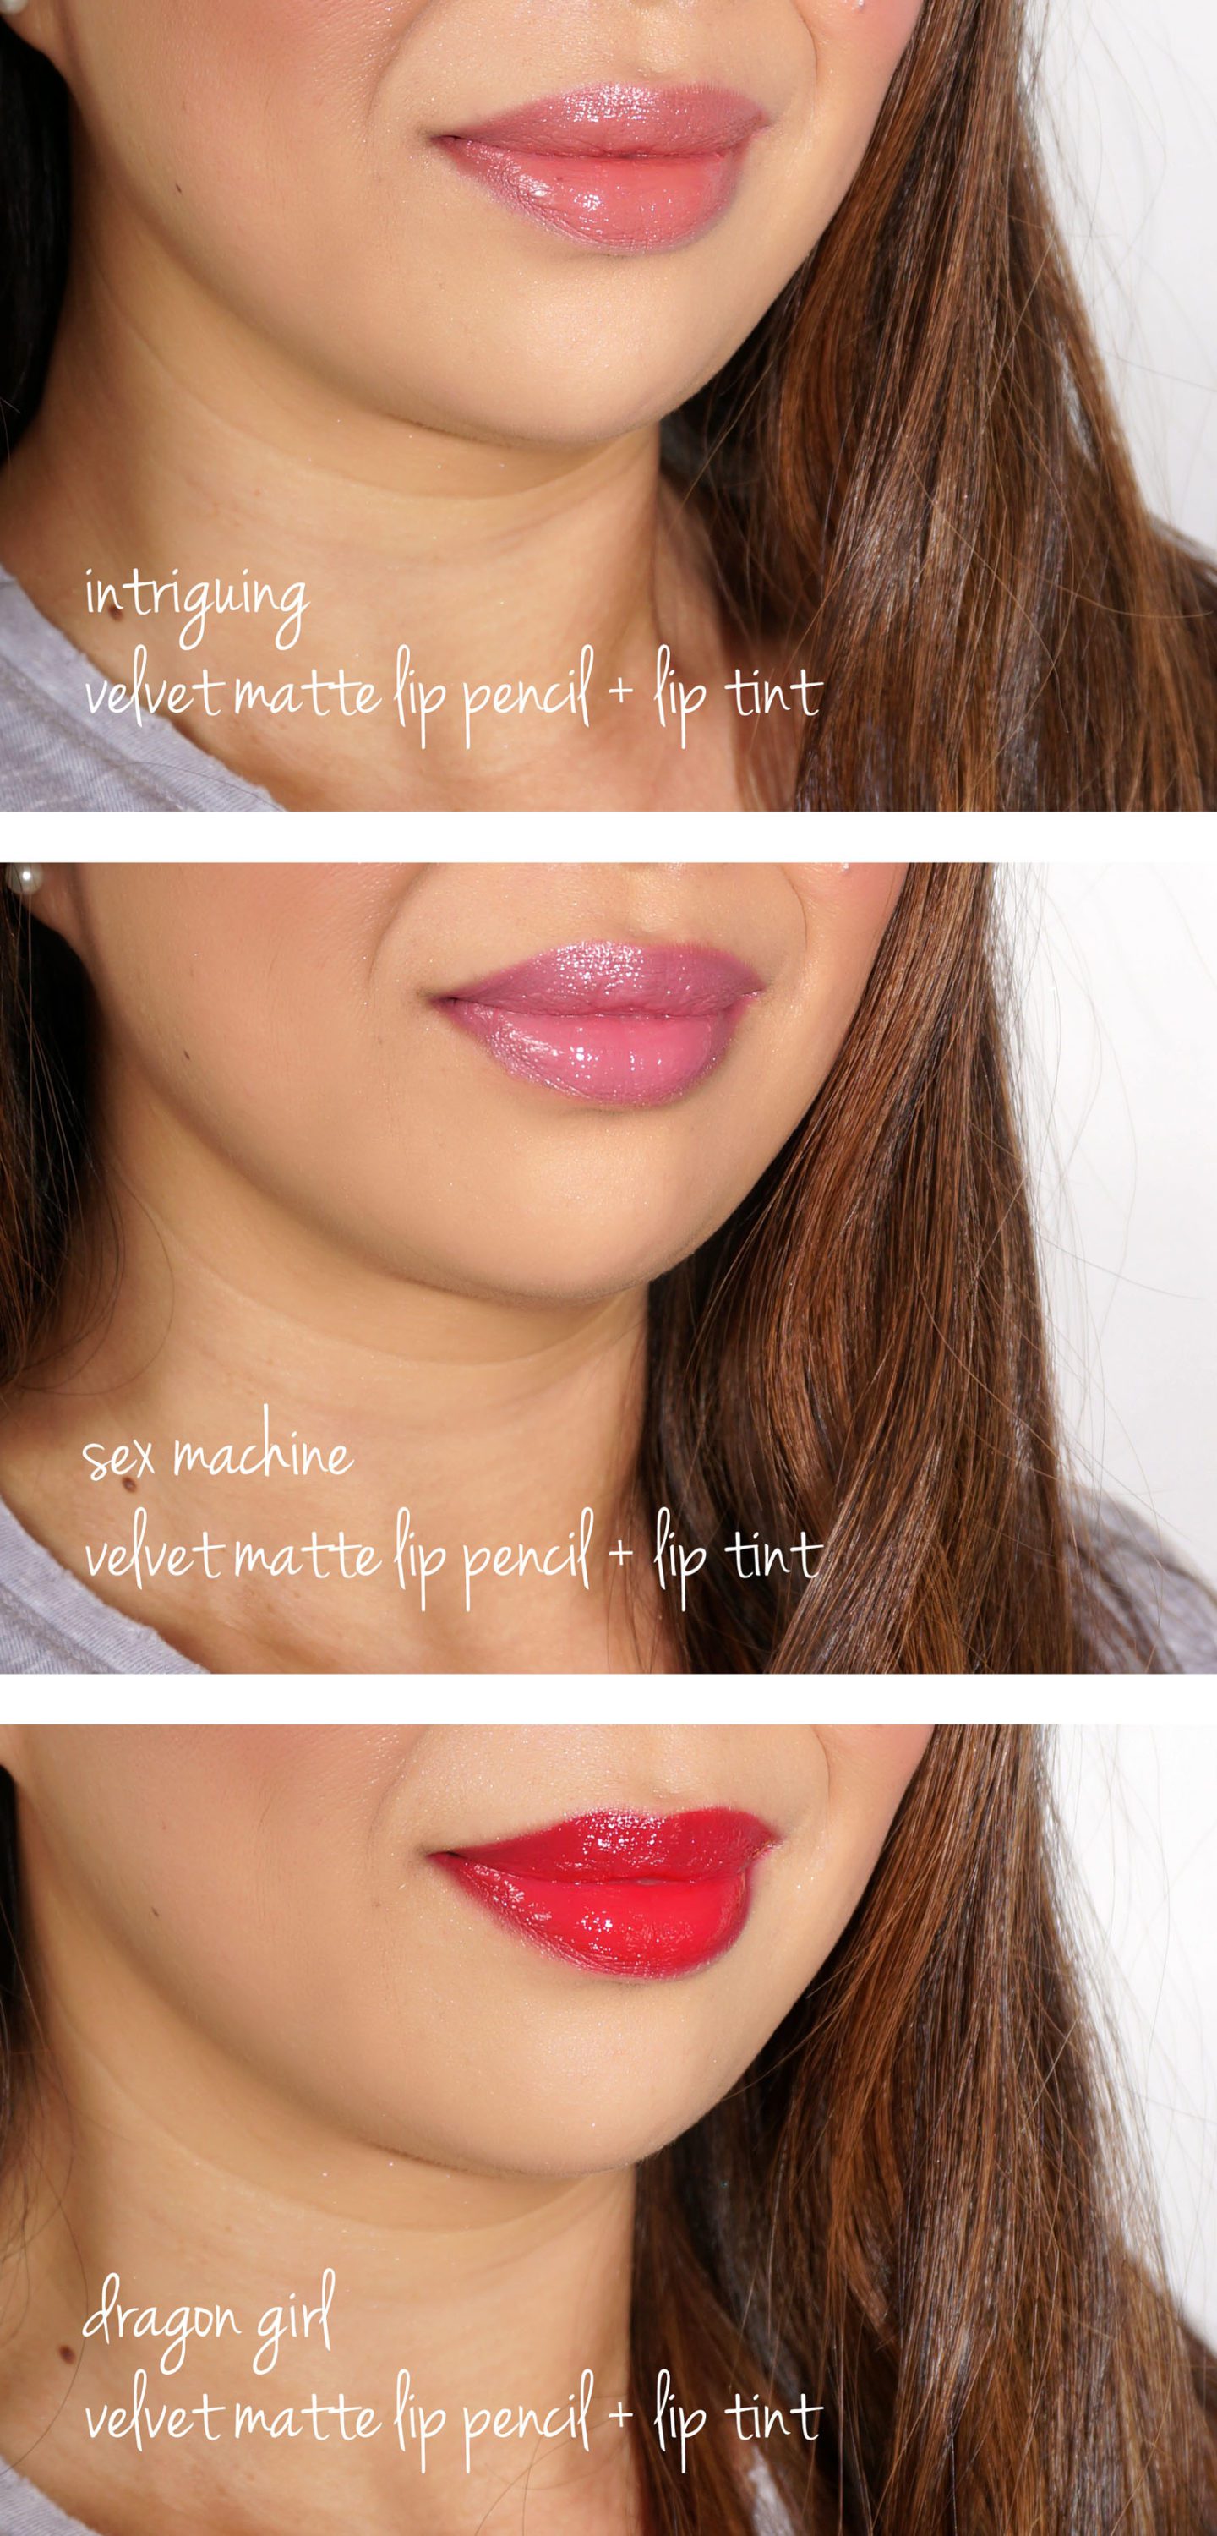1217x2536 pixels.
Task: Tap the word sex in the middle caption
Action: click(x=118, y=1456)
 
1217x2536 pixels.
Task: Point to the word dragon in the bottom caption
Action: click(x=161, y=2320)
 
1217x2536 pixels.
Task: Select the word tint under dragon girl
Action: click(x=773, y=2418)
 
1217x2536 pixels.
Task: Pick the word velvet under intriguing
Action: click(x=153, y=693)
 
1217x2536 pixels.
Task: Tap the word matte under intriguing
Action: click(x=306, y=693)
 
